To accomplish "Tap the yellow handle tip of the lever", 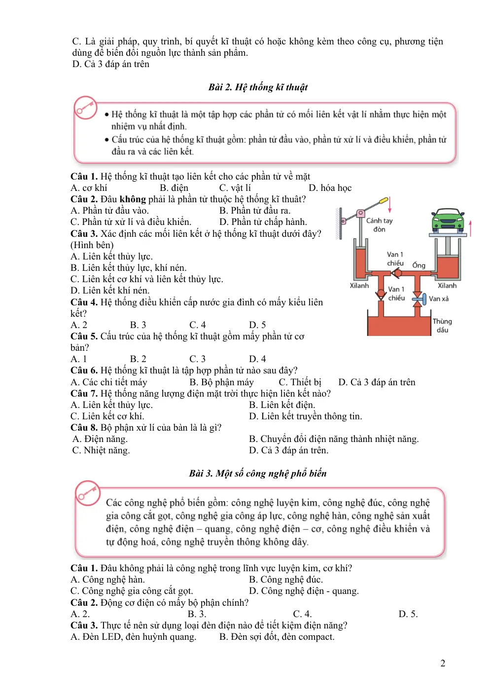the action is [x=384, y=200].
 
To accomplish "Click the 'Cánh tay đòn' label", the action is [x=379, y=225].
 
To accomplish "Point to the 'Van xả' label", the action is [x=439, y=299].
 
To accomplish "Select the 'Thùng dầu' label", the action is [x=442, y=326].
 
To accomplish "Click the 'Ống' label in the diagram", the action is [x=419, y=265].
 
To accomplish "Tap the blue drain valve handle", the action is [x=420, y=299].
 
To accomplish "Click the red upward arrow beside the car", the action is [x=470, y=228].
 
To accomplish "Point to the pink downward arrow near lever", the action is [x=389, y=205].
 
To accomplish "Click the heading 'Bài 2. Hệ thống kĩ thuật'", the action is [x=258, y=87].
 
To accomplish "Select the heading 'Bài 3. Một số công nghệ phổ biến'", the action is [x=258, y=473].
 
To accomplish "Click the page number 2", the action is [x=443, y=663].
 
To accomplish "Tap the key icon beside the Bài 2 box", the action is [x=86, y=108].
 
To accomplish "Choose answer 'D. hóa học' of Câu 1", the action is [x=330, y=188].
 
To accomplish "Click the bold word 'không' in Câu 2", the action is [x=133, y=199].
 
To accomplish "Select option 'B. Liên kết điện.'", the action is [x=282, y=405].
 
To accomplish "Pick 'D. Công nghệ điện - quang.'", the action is [x=304, y=591].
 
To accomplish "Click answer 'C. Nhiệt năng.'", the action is [x=101, y=450].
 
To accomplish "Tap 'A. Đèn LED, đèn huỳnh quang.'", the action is [x=134, y=637].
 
